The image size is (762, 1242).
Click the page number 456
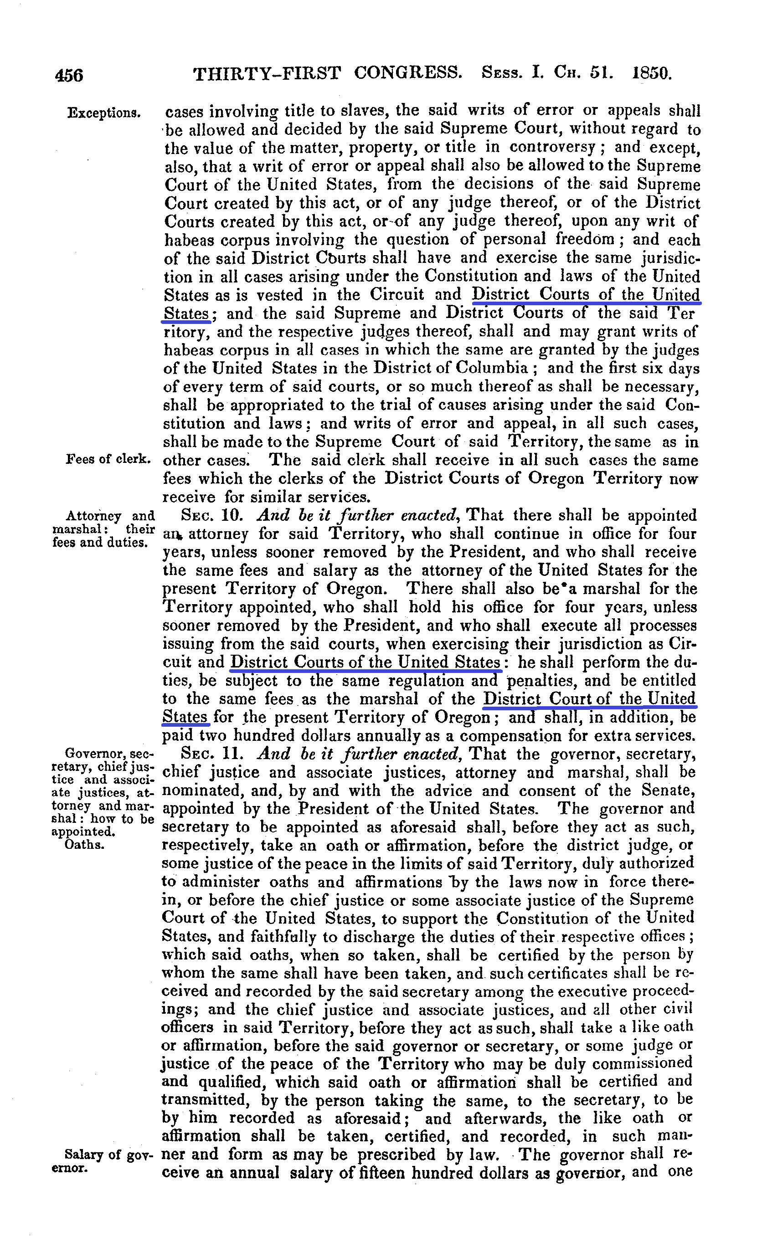[69, 75]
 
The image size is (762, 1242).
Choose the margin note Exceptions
[104, 113]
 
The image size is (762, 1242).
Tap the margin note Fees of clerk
[108, 459]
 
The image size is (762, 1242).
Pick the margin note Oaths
[84, 844]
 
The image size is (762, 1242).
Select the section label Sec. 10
[212, 516]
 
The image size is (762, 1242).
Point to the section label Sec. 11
[212, 754]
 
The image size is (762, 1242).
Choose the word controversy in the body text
[552, 148]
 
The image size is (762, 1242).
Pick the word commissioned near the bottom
[642, 1063]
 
